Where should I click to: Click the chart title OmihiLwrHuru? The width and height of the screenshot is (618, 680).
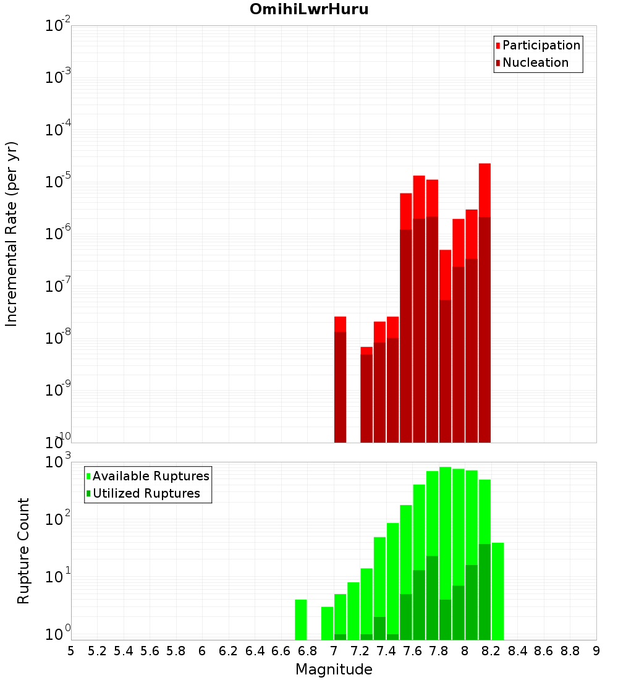(309, 10)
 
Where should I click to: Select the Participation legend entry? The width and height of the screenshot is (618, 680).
(541, 46)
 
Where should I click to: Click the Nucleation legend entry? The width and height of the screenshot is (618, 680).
(535, 63)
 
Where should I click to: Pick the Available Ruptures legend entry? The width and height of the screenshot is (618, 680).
(151, 477)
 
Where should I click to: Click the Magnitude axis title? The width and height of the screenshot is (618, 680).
(334, 669)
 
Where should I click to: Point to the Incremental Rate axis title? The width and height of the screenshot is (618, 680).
(12, 234)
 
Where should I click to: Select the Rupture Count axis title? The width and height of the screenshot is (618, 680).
(23, 551)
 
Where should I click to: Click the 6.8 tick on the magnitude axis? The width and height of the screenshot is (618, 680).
(307, 651)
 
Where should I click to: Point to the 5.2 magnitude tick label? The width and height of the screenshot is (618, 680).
(97, 651)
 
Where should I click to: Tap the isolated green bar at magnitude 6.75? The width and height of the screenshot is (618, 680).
(301, 619)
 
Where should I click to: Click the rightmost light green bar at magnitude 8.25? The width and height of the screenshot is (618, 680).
(497, 590)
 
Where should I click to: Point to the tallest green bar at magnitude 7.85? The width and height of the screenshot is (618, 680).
(445, 532)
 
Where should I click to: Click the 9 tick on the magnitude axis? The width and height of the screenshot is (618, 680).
(596, 651)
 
